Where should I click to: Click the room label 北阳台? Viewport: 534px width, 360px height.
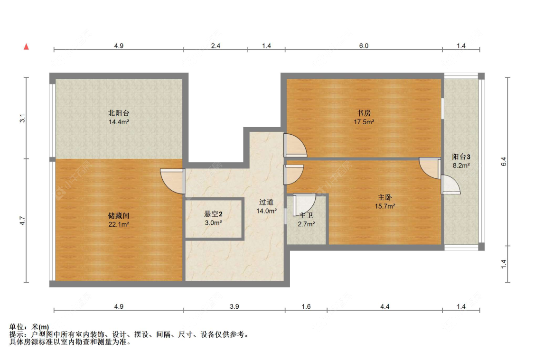click(119, 113)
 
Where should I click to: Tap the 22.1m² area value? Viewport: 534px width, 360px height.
click(119, 224)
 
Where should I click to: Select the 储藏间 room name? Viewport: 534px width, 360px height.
click(119, 216)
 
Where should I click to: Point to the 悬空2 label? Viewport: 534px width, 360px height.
click(213, 214)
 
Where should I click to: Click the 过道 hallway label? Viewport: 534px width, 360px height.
click(266, 202)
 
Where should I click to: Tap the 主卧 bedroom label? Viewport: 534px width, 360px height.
click(385, 197)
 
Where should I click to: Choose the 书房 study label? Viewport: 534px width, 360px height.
click(364, 113)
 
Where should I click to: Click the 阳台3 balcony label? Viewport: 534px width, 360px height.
click(461, 157)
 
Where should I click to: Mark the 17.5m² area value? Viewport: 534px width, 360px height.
click(364, 122)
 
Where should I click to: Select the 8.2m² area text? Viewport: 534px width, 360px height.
click(461, 166)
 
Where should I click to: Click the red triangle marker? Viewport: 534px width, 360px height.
click(27, 47)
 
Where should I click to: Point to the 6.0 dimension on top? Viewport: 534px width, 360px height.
click(364, 46)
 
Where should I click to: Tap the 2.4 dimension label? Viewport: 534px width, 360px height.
click(215, 46)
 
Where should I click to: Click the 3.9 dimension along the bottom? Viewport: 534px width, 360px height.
click(234, 307)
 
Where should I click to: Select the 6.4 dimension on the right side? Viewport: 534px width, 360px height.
click(504, 161)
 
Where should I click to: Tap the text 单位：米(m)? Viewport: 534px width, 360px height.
click(29, 327)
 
